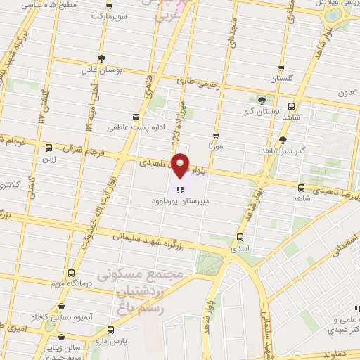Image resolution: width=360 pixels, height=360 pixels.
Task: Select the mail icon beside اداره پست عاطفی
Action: coord(136,117)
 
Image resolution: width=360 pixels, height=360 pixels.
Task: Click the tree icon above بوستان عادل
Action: coord(103,58)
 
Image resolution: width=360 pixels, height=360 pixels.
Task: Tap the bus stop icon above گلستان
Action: coord(281,69)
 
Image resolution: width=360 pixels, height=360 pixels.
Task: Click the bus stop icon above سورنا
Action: coord(215,135)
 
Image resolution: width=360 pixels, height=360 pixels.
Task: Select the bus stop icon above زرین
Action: coord(49,148)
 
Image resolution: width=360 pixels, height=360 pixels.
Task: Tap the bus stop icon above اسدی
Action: coord(241,236)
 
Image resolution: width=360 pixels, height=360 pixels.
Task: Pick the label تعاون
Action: coord(347,92)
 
